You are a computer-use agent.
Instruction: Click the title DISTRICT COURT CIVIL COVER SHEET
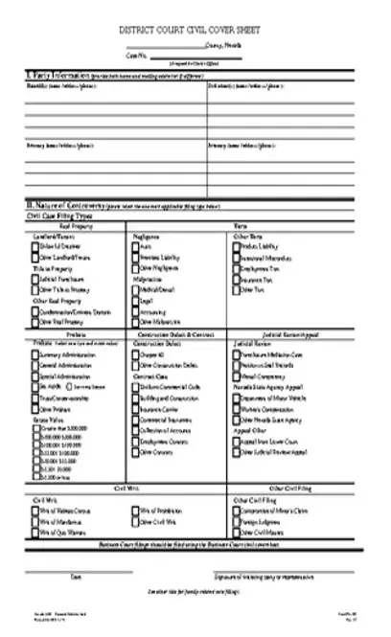tap(195, 30)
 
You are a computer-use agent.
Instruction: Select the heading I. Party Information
tap(57, 72)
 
